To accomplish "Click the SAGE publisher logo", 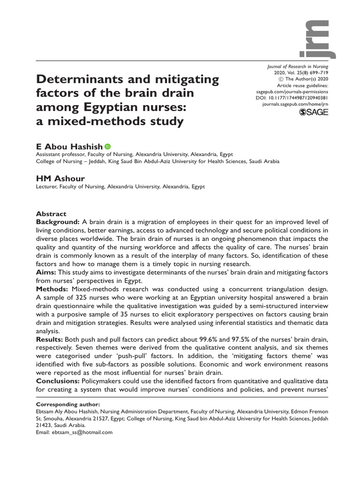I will [314, 113].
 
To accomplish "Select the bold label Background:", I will [58, 222].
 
